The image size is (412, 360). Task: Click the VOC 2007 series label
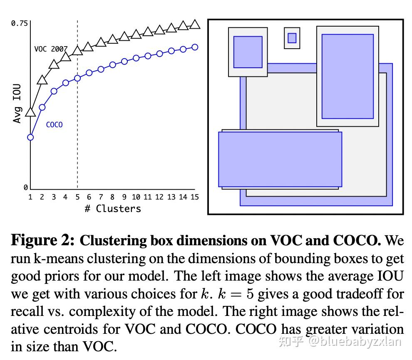(50, 49)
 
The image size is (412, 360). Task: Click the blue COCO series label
(54, 125)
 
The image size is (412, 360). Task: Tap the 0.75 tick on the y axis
(19, 23)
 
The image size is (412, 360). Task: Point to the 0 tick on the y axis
(26, 188)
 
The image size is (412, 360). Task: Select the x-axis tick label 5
(77, 197)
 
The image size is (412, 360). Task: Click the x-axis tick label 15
(194, 197)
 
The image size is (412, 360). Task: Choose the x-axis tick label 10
(136, 197)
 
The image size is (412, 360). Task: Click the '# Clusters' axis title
(113, 209)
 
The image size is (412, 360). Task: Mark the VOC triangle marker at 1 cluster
(30, 112)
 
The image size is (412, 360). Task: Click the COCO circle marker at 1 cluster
(30, 137)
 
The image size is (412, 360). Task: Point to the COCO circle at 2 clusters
(42, 107)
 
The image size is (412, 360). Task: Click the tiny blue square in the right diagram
(292, 38)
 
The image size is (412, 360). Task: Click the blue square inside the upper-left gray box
(248, 52)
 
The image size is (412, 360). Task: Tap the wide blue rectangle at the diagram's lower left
(280, 159)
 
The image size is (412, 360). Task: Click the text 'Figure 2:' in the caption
(43, 240)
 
